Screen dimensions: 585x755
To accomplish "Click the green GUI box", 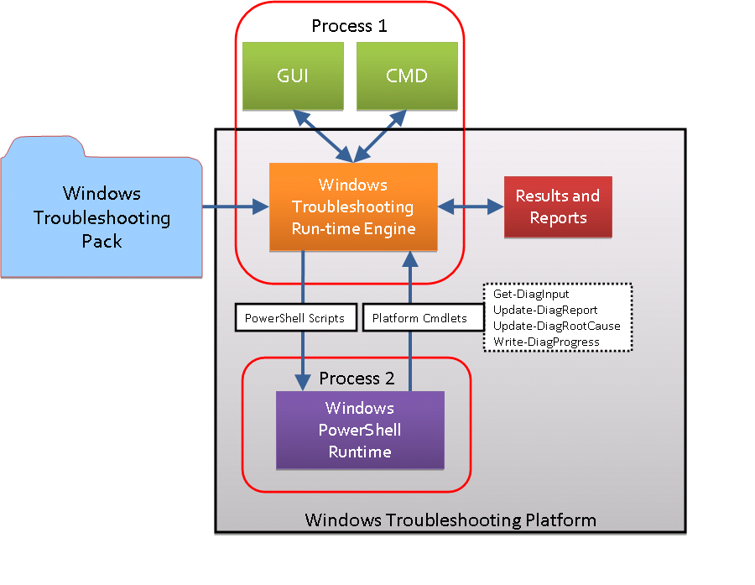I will click(x=293, y=76).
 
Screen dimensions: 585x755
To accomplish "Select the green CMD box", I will click(x=407, y=76).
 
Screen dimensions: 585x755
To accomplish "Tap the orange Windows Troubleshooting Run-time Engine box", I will click(x=352, y=206).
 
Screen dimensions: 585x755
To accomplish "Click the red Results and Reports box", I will click(x=558, y=206).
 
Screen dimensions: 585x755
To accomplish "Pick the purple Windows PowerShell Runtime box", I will click(x=360, y=430).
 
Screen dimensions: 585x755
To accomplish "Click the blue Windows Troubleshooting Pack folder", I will click(x=102, y=217).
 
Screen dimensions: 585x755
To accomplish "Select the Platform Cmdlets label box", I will click(x=414, y=319).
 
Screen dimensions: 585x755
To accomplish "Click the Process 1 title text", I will click(x=349, y=26).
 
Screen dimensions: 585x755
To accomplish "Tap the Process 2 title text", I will click(x=357, y=379).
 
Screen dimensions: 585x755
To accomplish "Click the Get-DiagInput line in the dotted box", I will click(x=531, y=295).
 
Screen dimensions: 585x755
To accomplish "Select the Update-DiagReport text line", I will click(x=545, y=310).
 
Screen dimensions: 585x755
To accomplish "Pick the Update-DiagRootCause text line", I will click(x=557, y=326).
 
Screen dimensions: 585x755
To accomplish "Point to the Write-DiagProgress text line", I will click(x=546, y=342).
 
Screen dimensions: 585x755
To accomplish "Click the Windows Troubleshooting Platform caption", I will click(x=450, y=520).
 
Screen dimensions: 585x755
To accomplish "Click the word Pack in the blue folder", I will click(x=102, y=241).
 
